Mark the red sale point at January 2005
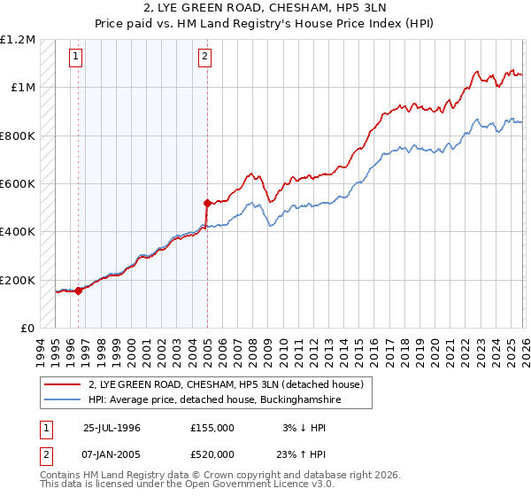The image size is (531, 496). [206, 203]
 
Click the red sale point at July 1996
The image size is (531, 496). [78, 290]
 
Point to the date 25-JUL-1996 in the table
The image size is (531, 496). [112, 427]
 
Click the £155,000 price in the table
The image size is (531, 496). [212, 427]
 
